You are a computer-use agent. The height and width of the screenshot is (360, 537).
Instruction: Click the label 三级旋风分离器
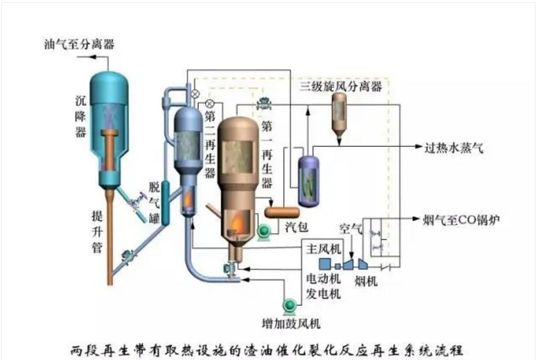tap(341, 86)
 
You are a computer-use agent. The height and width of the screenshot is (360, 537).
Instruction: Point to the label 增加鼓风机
tap(290, 323)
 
